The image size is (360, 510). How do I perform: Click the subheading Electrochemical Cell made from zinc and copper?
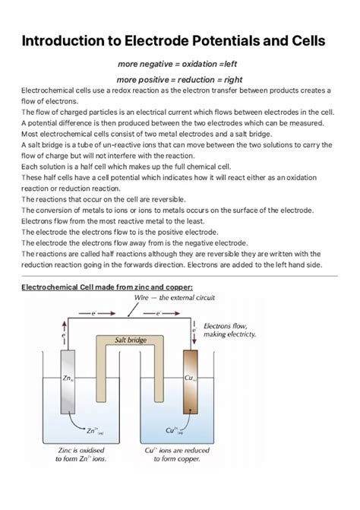[x=107, y=287]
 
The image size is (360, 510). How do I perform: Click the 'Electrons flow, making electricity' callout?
[x=230, y=330]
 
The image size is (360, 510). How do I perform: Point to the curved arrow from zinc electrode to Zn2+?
[x=72, y=422]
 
